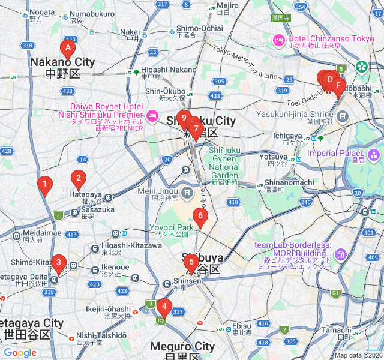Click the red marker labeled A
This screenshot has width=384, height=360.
pyautogui.click(x=68, y=49)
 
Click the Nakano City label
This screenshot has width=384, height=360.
pyautogui.click(x=62, y=62)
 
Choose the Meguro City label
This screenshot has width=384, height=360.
pyautogui.click(x=182, y=346)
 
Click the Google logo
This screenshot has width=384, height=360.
pyautogui.click(x=20, y=353)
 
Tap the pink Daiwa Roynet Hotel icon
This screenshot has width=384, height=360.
pyautogui.click(x=152, y=115)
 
